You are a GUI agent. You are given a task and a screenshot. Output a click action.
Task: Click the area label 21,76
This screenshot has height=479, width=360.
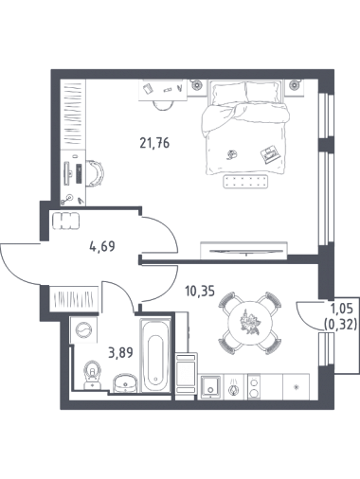(x=154, y=143)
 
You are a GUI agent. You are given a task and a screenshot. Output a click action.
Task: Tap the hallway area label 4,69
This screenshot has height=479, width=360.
(x=102, y=246)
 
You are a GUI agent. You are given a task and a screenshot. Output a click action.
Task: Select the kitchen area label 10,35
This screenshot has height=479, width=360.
(x=200, y=291)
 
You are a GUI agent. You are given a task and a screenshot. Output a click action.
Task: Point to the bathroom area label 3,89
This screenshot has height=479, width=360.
(x=120, y=352)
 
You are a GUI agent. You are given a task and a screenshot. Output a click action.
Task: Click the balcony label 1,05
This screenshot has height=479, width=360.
(x=342, y=309)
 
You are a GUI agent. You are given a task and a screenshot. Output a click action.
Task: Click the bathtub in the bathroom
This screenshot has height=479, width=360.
(x=155, y=356)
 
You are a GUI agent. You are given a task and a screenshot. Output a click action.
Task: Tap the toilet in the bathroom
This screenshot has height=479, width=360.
(x=92, y=375)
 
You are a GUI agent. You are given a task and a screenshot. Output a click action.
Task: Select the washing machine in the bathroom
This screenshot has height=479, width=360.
(x=83, y=330)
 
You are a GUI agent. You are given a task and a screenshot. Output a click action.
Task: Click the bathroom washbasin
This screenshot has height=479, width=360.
(x=125, y=383)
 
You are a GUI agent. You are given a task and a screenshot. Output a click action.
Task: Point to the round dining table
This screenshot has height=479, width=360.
(x=250, y=323)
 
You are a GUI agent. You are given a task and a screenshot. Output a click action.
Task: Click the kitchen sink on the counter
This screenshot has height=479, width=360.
(x=210, y=385)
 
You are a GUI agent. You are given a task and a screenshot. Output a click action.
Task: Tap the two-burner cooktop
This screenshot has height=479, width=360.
(x=254, y=387)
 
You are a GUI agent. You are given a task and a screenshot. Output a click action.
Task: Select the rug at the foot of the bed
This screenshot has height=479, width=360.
(x=246, y=182)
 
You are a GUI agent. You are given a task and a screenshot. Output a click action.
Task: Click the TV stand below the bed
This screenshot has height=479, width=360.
(x=243, y=251)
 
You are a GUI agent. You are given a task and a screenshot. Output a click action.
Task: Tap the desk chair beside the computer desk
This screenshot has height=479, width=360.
(x=96, y=172)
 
